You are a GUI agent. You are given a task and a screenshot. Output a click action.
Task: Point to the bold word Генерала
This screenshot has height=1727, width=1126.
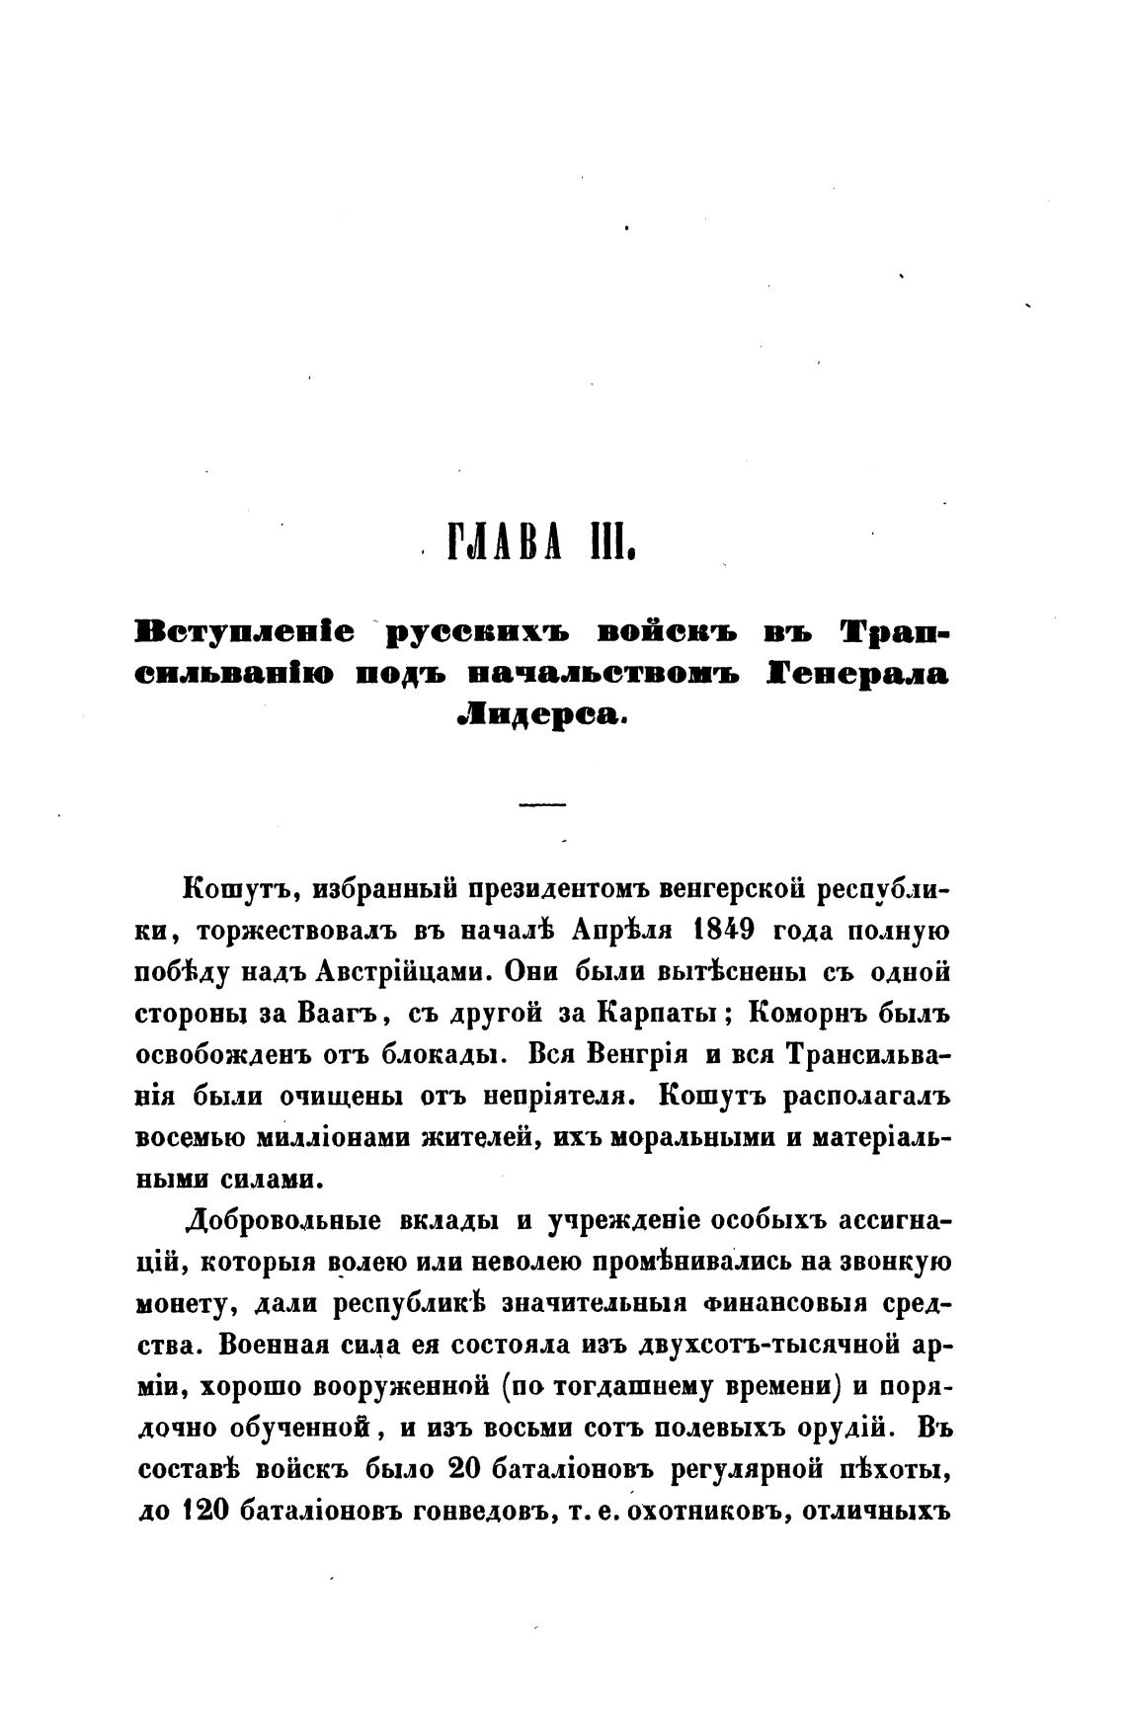857,674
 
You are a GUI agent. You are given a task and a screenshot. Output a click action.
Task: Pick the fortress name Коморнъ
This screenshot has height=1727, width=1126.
805,1013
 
